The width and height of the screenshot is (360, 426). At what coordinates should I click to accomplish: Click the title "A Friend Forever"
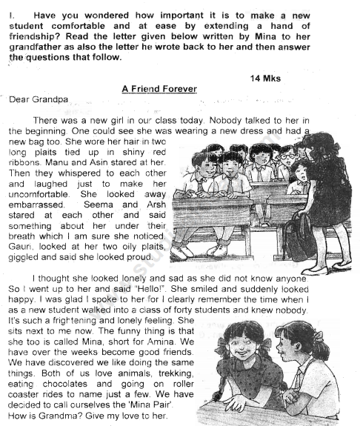pos(159,89)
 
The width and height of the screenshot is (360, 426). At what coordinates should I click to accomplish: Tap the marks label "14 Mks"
pos(267,77)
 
